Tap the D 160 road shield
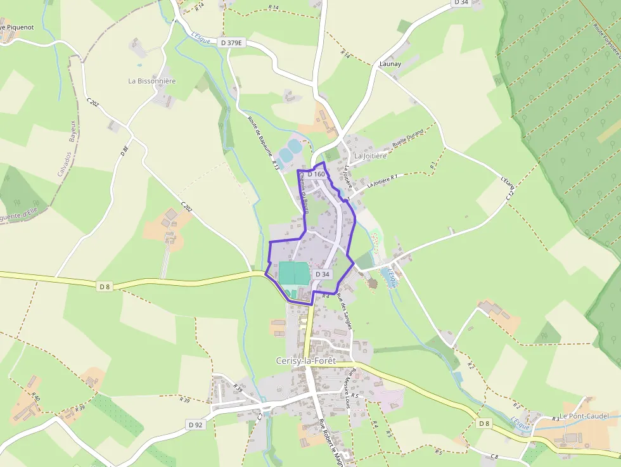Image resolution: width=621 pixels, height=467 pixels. coord(316,174)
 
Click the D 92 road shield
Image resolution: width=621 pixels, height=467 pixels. coord(196,424)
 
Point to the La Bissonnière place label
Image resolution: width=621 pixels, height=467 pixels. coord(152,81)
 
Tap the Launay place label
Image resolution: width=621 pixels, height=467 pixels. coord(390,64)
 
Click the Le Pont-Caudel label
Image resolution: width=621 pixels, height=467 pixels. coord(584,416)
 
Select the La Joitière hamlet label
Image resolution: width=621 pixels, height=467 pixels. coord(370,155)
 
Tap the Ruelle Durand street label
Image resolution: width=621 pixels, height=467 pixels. coord(407,139)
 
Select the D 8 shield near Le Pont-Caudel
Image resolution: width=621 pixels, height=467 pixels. coord(485,423)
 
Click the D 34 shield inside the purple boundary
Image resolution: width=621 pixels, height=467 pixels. coord(322,274)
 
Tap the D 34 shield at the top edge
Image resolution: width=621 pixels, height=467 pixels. coord(461,3)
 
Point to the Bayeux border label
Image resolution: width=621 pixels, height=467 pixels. coord(72,131)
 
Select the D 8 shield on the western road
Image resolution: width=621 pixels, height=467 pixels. coord(105,286)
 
